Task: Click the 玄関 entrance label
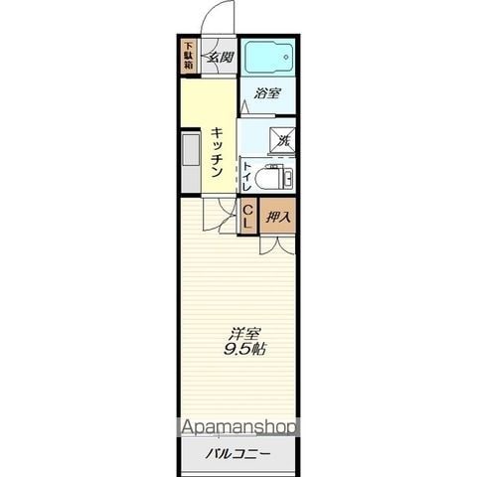tap(221, 58)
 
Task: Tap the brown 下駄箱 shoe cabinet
tap(189, 56)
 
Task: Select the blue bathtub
tap(269, 57)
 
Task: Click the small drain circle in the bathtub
tap(286, 57)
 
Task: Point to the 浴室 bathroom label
tap(267, 93)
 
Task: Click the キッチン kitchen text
tap(217, 152)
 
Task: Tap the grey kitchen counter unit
tap(191, 161)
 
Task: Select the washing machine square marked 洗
tap(282, 140)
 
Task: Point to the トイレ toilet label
tap(246, 176)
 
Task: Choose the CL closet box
tap(248, 217)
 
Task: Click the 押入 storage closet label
tap(278, 217)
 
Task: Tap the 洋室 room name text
tap(244, 334)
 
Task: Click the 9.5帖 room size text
tap(244, 349)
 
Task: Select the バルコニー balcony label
tap(238, 453)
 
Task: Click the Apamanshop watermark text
tap(238, 427)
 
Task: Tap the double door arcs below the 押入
tap(277, 245)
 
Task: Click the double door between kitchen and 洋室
tap(221, 215)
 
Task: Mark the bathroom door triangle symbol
tap(244, 106)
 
